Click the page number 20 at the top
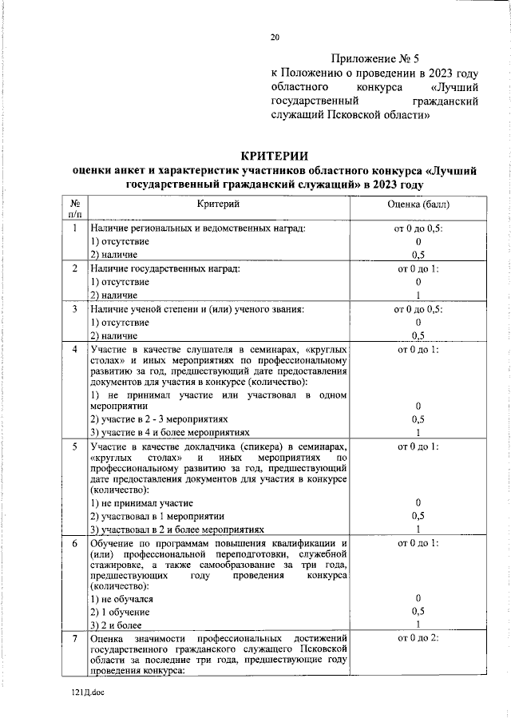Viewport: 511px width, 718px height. (x=275, y=37)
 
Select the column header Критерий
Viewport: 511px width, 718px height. (x=219, y=204)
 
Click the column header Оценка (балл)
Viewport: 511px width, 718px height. (x=418, y=204)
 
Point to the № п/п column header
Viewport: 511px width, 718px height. (x=74, y=210)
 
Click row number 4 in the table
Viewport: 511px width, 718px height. (x=74, y=350)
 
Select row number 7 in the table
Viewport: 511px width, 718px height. (x=74, y=639)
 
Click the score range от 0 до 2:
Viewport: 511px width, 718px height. (x=418, y=639)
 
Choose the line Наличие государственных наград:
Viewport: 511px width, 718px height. (x=164, y=268)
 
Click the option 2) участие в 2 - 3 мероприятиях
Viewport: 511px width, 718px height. (x=159, y=418)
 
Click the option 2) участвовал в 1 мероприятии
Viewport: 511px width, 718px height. (x=156, y=516)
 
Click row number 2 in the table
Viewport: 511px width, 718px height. (x=74, y=268)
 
